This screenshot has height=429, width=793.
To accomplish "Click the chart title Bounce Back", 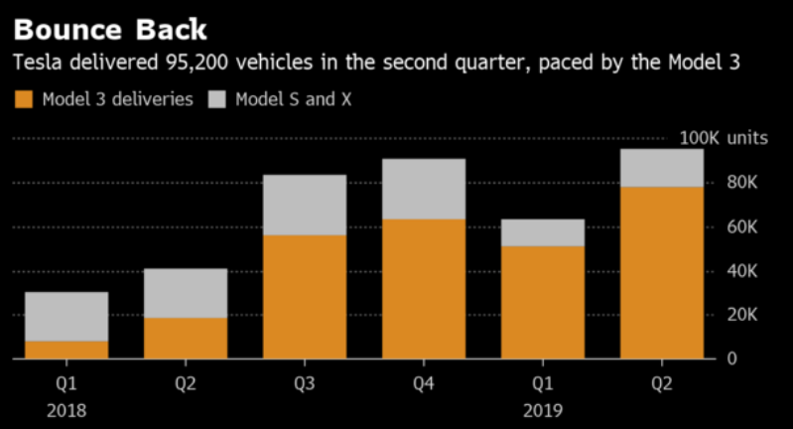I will [110, 27].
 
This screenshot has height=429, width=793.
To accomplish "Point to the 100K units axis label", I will [723, 138].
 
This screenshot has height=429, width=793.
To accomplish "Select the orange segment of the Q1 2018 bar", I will [66, 350].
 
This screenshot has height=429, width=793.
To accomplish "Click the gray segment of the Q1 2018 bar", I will [66, 316].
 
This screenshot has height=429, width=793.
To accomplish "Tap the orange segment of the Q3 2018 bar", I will [305, 296].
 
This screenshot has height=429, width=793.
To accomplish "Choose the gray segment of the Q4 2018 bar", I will [424, 189].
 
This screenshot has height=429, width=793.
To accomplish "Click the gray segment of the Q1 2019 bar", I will [543, 232].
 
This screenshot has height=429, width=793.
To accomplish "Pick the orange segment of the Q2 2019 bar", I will [662, 272].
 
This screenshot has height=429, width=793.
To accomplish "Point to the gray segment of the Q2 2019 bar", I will [662, 168].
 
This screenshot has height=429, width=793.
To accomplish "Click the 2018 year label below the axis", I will [66, 409].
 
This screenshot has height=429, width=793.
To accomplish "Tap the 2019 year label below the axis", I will [542, 409].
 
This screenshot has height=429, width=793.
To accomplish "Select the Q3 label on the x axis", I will [305, 382].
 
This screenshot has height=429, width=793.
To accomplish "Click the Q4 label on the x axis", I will [424, 382].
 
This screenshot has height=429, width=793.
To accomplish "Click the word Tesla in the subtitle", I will [33, 64].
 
